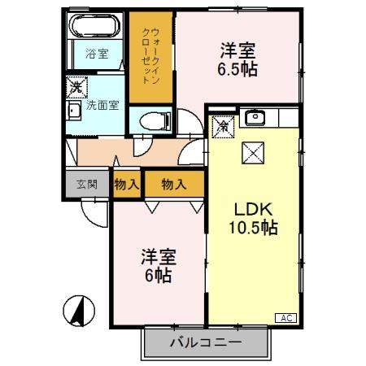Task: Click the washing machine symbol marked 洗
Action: click(75, 86)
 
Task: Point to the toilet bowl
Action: click(152, 121)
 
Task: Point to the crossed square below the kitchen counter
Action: click(250, 152)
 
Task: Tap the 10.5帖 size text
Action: click(251, 228)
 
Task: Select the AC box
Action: click(287, 318)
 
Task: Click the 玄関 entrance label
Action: click(85, 184)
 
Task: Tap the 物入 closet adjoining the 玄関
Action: click(125, 184)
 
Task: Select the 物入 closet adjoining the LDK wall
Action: click(173, 184)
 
